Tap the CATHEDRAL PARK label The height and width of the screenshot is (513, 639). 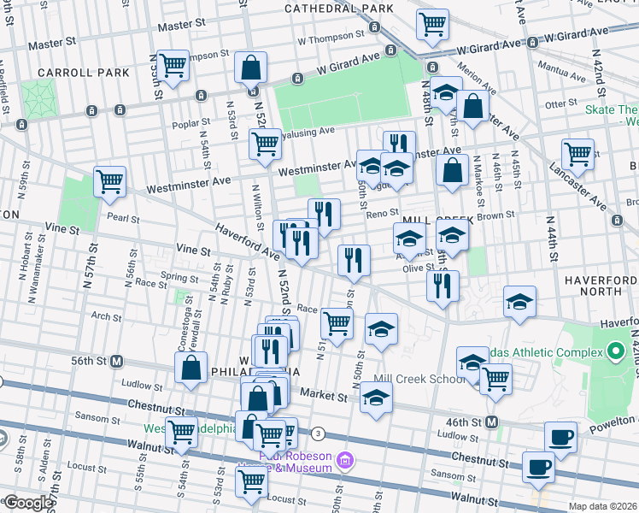pyautogui.click(x=338, y=9)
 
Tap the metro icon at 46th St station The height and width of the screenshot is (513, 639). pyautogui.click(x=491, y=422)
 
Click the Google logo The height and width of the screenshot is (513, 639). pyautogui.click(x=27, y=503)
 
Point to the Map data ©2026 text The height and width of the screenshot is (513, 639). pyautogui.click(x=603, y=506)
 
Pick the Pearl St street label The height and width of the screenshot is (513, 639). pyautogui.click(x=123, y=217)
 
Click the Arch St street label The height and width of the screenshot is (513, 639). pyautogui.click(x=106, y=317)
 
